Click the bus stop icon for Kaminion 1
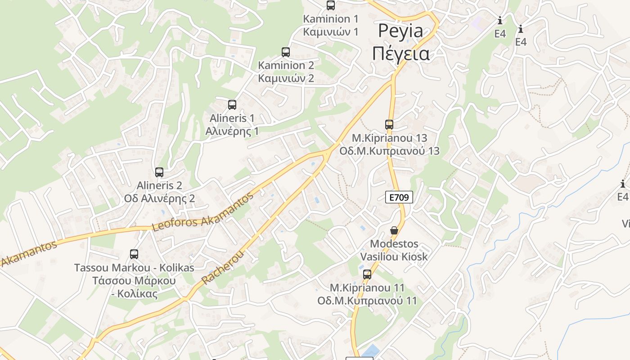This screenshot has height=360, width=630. coord(331,5)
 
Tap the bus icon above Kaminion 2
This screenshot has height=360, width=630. coord(286,52)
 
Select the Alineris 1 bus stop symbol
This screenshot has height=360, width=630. coord(232,105)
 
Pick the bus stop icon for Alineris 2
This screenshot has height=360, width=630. coord(159,172)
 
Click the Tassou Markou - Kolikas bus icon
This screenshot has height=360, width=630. coord(134,254)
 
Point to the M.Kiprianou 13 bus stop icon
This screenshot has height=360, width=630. coord(389,124)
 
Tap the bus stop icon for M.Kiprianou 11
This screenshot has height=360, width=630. coord(367,274)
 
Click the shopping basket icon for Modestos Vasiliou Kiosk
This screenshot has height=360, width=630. coord(394,230)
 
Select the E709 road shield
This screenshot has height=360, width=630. coord(399,197)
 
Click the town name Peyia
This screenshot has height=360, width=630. coord(400,31)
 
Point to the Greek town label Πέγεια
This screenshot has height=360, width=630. coord(400,54)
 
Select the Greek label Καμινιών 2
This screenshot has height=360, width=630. coord(286,78)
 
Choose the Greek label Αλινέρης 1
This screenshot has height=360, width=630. coord(232,131)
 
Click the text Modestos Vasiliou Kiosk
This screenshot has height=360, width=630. coord(394,250)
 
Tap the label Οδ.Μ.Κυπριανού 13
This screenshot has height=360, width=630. coord(389,151)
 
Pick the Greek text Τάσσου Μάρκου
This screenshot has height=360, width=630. coord(134,281)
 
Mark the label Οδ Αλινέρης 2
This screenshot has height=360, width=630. coord(159,198)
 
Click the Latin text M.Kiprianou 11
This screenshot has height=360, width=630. coord(367,287)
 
